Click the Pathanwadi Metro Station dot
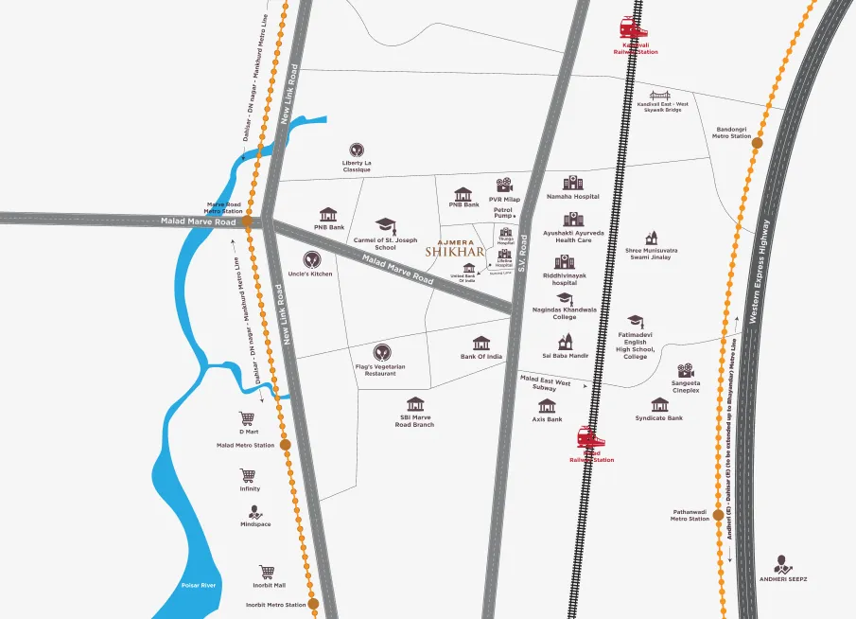719,516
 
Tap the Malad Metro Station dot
285,444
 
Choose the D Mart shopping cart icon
248,416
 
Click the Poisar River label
199,586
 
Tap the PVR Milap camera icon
505,186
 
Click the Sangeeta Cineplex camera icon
686,371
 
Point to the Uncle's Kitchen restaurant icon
311,259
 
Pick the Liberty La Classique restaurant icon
357,150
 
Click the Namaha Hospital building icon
572,183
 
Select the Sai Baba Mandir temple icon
566,342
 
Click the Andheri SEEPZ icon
782,563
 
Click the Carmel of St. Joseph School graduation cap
385,225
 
